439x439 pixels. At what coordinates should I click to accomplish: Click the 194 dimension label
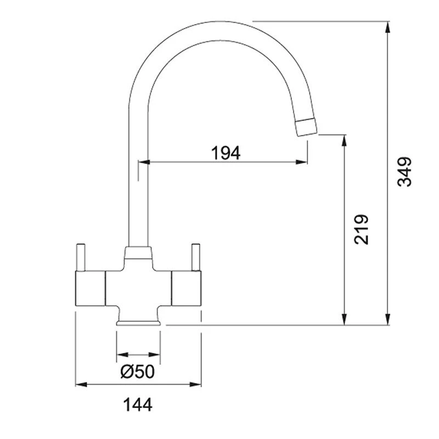pyautogui.click(x=226, y=153)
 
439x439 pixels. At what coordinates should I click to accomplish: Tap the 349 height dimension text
pyautogui.click(x=404, y=172)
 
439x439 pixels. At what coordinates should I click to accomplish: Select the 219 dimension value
pyautogui.click(x=361, y=229)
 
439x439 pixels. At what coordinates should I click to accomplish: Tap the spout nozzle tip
pyautogui.click(x=306, y=127)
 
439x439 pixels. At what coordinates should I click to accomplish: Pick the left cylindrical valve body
pyautogui.click(x=88, y=288)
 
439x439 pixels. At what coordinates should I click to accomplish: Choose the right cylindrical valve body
pyautogui.click(x=187, y=288)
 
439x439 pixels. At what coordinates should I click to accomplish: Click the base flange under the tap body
pyautogui.click(x=139, y=322)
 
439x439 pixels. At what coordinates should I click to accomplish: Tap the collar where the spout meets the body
pyautogui.click(x=138, y=253)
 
